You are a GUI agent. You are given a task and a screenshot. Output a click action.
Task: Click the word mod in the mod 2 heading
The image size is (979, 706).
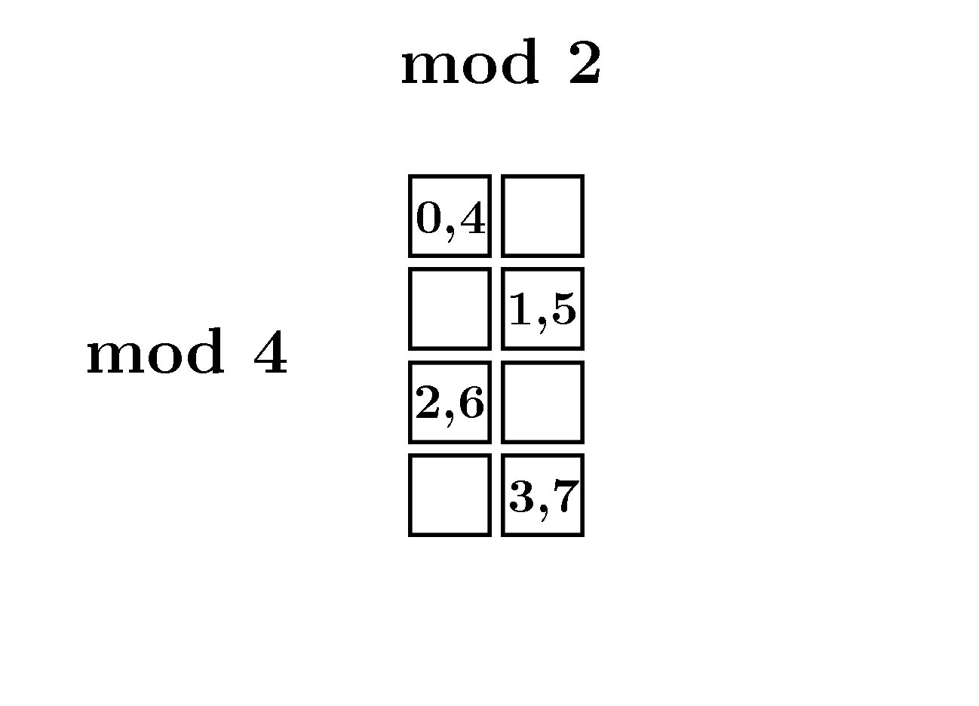pyautogui.click(x=470, y=62)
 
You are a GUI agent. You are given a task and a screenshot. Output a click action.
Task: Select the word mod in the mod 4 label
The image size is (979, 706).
pyautogui.click(x=155, y=351)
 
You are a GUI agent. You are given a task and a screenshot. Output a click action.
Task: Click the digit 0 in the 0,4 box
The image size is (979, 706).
pyautogui.click(x=428, y=218)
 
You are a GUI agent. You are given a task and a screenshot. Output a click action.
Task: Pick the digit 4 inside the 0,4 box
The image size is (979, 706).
pyautogui.click(x=473, y=218)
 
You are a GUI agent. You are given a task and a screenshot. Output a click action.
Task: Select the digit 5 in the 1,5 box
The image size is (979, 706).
pyautogui.click(x=563, y=309)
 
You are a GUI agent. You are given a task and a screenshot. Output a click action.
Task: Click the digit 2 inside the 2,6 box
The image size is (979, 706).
pyautogui.click(x=428, y=403)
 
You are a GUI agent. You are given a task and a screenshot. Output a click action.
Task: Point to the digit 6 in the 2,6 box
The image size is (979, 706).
pyautogui.click(x=471, y=403)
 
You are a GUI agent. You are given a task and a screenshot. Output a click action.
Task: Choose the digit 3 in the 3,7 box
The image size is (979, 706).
pyautogui.click(x=522, y=496)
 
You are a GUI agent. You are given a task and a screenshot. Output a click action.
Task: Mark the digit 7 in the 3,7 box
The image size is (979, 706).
pyautogui.click(x=567, y=496)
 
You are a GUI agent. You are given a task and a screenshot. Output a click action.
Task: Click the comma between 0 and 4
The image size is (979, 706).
pyautogui.click(x=450, y=233)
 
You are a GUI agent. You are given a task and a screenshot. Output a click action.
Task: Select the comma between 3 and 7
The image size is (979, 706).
pyautogui.click(x=544, y=511)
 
